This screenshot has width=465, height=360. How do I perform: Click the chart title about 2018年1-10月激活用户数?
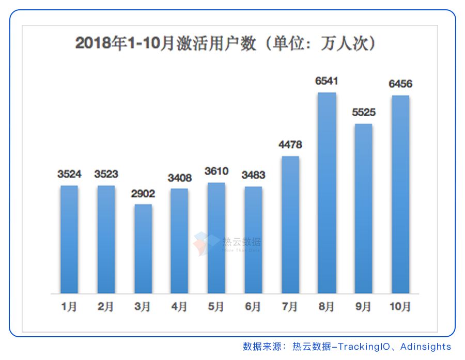(225, 43)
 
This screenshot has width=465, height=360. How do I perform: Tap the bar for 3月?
(143, 248)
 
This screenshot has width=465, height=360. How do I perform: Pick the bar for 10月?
(400, 194)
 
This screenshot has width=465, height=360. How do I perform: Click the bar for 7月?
(290, 225)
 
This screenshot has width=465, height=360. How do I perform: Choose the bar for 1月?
(69, 239)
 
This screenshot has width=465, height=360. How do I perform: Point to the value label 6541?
(327, 81)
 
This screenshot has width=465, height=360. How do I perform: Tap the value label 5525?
(363, 112)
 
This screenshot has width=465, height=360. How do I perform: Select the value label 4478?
(290, 145)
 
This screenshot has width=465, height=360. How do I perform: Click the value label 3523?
(106, 174)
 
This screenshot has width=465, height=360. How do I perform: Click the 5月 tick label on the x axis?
(216, 307)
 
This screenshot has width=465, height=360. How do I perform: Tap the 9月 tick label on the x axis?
(363, 307)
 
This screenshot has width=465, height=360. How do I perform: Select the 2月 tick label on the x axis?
(106, 307)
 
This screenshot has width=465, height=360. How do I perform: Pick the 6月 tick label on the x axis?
(253, 307)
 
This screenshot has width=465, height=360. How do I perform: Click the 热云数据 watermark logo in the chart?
(228, 243)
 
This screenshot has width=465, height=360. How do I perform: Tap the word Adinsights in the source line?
(426, 347)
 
